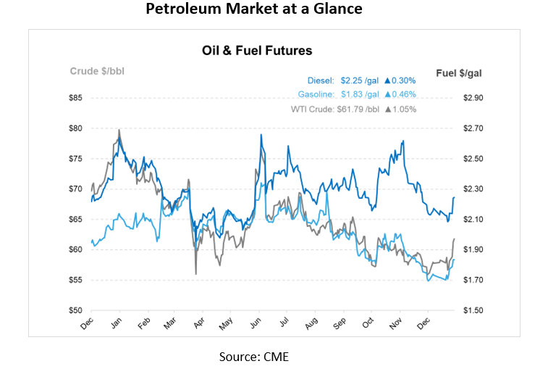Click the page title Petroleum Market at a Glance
253,10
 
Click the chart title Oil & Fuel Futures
257,51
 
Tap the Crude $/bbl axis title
97,71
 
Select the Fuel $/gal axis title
458,72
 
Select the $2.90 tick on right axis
472,98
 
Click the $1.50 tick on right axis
472,310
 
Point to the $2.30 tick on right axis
472,188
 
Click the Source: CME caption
253,356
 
